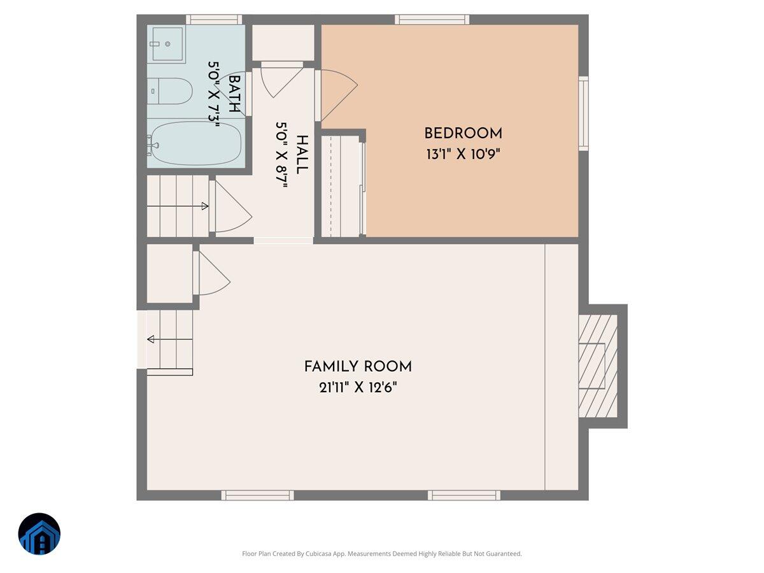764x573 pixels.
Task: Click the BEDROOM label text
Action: (x=463, y=134)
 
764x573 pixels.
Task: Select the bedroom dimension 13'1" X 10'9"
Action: (x=463, y=154)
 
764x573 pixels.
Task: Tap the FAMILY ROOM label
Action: (x=358, y=367)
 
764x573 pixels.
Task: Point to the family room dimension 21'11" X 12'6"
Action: (x=358, y=387)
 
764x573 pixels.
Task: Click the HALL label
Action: (x=302, y=155)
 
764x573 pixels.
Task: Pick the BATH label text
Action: (x=234, y=94)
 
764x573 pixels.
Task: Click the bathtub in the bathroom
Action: (x=195, y=143)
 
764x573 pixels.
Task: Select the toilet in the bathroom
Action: (x=169, y=92)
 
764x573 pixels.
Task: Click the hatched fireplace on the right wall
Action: (x=598, y=366)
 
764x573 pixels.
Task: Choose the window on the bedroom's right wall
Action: (x=583, y=113)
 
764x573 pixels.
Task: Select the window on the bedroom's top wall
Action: (x=432, y=19)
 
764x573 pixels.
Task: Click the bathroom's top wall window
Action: (x=213, y=19)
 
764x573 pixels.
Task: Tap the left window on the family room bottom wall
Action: (x=257, y=495)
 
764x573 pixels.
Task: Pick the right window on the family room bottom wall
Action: (x=464, y=495)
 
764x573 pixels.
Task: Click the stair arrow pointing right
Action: (x=204, y=206)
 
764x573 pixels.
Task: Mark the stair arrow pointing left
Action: (x=151, y=339)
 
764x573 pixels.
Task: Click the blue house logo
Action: (x=39, y=534)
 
